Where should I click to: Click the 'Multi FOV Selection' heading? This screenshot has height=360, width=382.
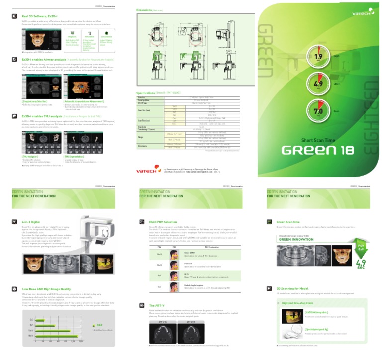coord(163,221)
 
